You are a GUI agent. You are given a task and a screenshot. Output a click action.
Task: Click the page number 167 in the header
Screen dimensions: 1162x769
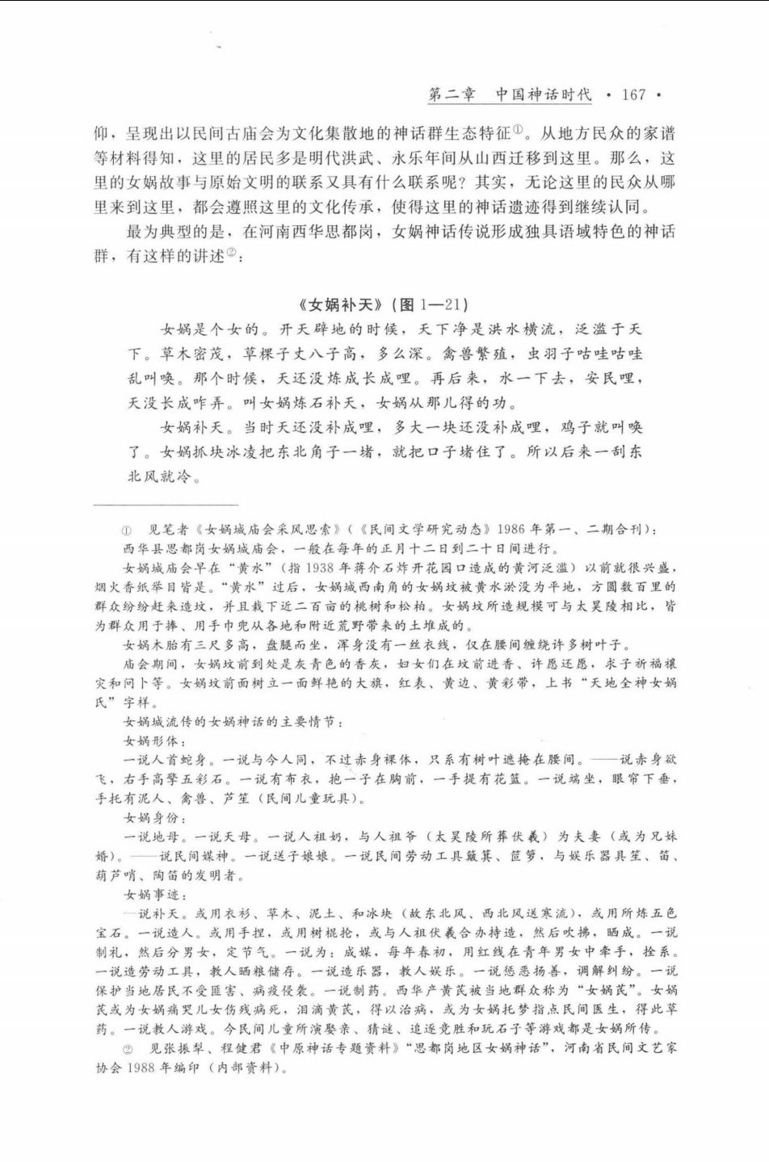[633, 95]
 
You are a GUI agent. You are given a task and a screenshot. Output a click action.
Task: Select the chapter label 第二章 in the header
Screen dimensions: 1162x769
[452, 95]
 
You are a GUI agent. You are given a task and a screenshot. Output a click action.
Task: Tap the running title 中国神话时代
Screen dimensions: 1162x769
[544, 95]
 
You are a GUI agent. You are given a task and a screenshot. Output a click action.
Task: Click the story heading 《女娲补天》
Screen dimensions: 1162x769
[339, 304]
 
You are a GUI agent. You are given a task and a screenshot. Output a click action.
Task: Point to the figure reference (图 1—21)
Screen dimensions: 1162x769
[429, 304]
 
